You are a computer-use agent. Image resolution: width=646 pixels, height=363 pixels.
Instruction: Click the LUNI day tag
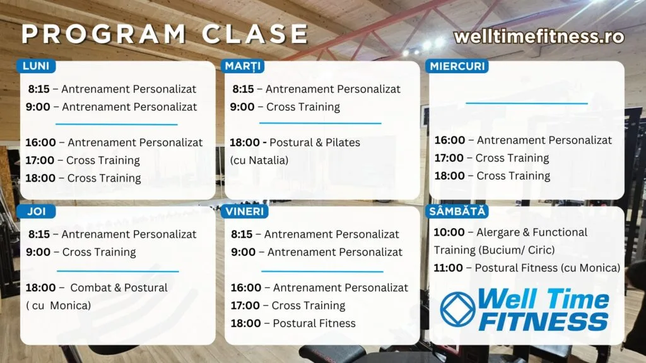36,66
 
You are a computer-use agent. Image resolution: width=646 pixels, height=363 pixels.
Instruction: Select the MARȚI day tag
243,66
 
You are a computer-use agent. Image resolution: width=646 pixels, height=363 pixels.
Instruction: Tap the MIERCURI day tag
457,66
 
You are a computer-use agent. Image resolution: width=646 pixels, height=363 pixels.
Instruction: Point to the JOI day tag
36,211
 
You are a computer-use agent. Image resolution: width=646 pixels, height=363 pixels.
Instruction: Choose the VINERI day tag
245,211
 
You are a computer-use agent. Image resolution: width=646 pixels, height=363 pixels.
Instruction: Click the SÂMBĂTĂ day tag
457,211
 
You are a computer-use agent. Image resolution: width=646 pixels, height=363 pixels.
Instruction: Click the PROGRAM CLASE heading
165,34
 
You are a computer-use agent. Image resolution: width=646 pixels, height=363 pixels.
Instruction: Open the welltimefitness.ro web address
539,36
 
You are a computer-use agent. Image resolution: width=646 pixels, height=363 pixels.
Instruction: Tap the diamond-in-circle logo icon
457,309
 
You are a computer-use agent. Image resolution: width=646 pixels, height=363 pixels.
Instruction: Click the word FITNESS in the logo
544,321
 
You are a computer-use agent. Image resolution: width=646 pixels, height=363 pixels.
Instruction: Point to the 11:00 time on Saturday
449,268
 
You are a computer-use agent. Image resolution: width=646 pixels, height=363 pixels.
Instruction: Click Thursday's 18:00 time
41,287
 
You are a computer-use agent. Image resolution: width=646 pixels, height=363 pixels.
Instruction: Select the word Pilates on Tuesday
343,142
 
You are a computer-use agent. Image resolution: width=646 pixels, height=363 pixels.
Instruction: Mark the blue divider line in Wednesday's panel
527,103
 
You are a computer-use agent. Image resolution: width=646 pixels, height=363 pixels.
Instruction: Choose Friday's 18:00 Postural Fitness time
246,323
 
